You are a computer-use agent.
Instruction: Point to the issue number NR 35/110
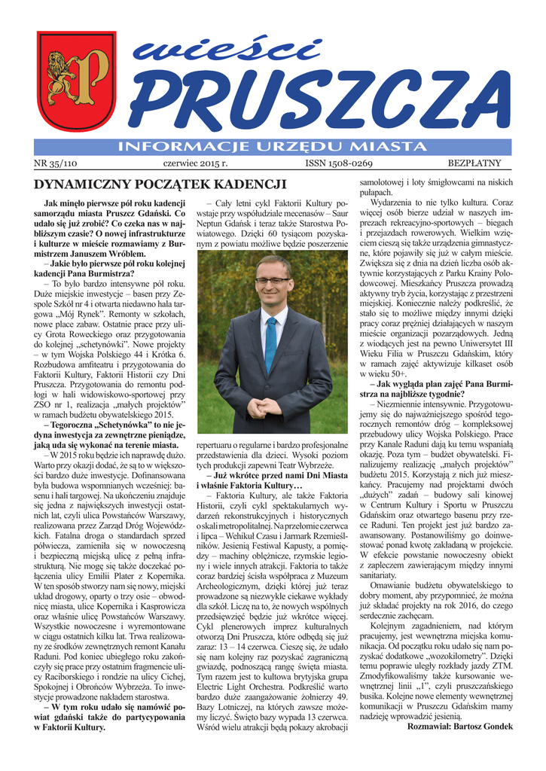56,163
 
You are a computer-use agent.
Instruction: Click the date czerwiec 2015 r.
195,163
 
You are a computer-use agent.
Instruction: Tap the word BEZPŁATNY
479,163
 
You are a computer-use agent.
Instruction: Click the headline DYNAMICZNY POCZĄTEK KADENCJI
151,184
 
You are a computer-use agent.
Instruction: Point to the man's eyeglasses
272,281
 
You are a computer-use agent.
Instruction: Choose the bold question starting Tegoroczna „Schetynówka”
115,426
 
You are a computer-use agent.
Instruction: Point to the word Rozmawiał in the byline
424,727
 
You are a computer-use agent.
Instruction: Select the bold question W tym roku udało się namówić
115,708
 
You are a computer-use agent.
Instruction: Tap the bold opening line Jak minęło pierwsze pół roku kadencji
115,204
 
